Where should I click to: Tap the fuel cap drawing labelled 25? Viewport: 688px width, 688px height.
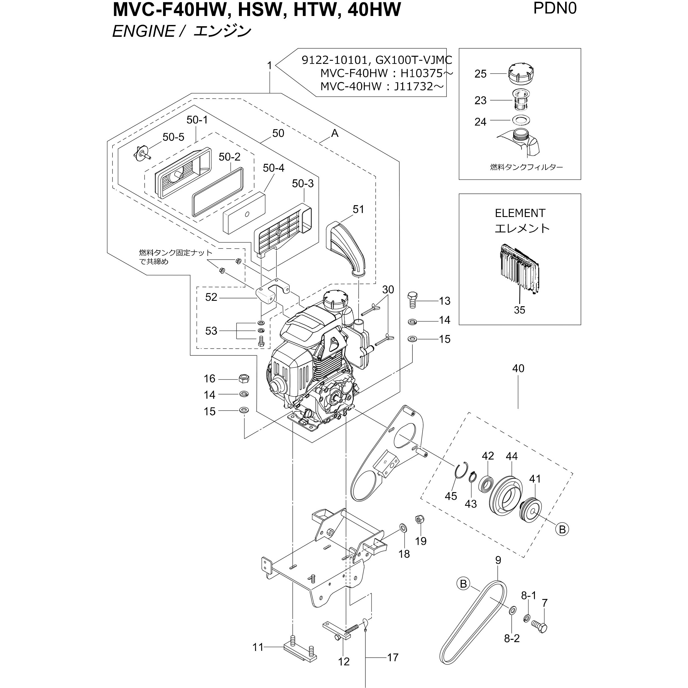[521, 74]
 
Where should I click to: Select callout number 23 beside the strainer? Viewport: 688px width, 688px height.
[480, 100]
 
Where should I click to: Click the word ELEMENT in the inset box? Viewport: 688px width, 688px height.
[519, 213]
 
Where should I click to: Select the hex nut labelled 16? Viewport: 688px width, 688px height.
[243, 379]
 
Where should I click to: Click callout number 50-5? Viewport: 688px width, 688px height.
[173, 137]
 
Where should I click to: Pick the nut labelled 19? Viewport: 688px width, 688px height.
[419, 519]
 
